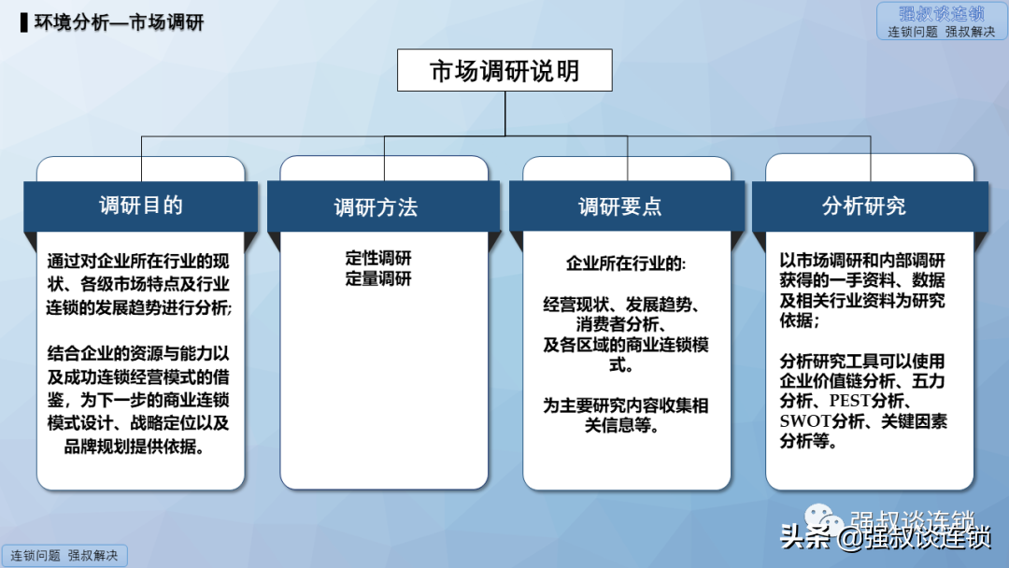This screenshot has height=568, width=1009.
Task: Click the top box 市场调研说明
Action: tap(504, 70)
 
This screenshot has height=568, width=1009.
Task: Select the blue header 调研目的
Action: tap(141, 206)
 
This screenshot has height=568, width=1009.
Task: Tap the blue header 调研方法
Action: tap(384, 206)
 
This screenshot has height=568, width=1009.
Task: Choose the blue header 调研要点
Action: tap(627, 206)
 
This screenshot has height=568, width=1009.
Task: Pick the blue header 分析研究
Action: tap(870, 206)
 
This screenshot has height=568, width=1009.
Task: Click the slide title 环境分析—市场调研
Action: tap(119, 22)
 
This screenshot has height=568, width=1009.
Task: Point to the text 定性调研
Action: tap(378, 258)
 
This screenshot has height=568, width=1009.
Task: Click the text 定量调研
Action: tap(378, 278)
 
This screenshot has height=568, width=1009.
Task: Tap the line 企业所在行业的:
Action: tap(626, 263)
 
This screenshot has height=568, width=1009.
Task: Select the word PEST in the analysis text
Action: tap(849, 401)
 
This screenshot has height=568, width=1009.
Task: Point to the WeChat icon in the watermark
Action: tap(824, 519)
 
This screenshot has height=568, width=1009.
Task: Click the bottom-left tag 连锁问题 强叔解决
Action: tap(64, 556)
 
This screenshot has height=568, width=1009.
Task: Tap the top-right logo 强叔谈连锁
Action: tap(942, 21)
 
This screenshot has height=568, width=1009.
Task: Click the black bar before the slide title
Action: tap(23, 22)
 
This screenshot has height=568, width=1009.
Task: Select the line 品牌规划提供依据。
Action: tap(135, 447)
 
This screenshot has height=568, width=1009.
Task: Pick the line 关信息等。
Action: tap(621, 425)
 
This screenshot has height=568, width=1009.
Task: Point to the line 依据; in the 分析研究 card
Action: tap(800, 319)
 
